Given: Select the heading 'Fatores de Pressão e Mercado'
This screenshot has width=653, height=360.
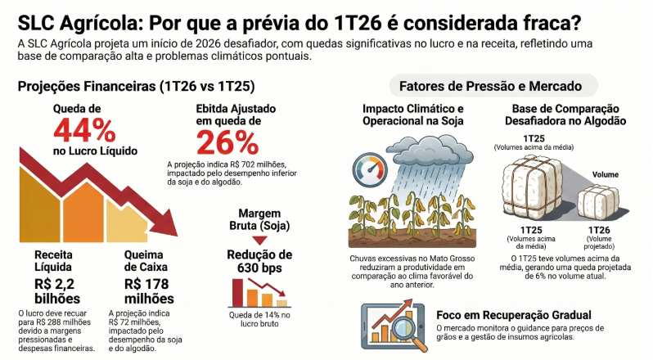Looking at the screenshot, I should (x=490, y=85).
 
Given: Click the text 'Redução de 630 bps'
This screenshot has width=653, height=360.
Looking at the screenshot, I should (x=259, y=262).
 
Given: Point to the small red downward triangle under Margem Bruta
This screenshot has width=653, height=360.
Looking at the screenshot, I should (x=259, y=239).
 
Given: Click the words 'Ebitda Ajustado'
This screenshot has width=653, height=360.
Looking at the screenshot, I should (x=236, y=108).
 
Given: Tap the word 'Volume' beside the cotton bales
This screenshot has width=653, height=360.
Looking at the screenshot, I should (x=606, y=174).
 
